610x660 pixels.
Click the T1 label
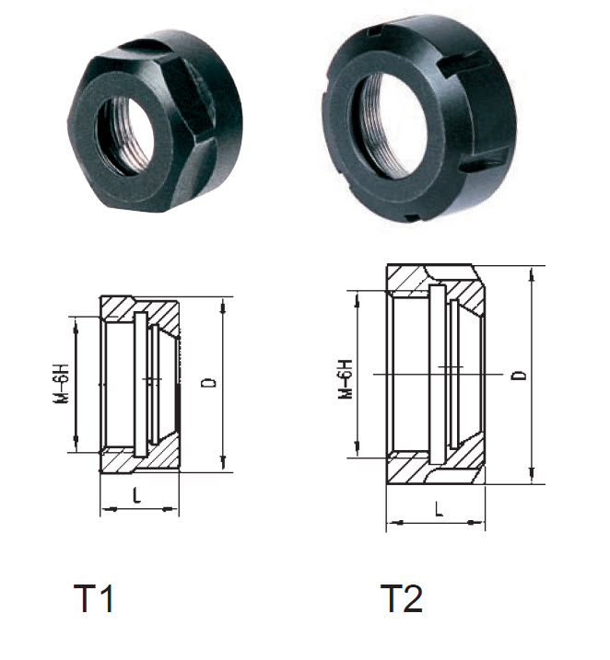[93, 598]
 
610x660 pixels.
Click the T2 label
[402, 598]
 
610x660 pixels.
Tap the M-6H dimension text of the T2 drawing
[346, 378]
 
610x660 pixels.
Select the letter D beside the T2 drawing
[521, 375]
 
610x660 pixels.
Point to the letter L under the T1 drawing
[136, 495]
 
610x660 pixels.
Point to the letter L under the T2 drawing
[439, 509]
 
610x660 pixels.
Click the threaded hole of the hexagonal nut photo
[125, 136]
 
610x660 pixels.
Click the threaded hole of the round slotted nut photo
[387, 124]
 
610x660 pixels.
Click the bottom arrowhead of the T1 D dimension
[224, 463]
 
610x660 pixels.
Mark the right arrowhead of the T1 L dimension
[170, 509]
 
